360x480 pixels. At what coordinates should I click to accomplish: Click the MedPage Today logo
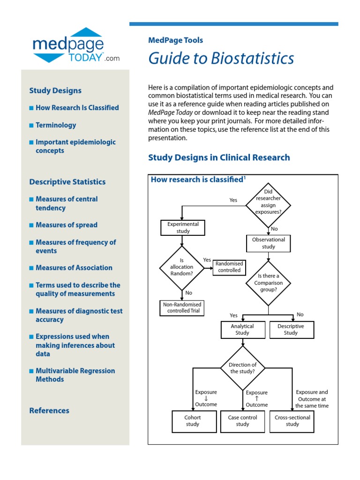pyautogui.click(x=75, y=45)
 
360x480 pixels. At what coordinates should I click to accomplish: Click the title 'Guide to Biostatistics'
pyautogui.click(x=221, y=59)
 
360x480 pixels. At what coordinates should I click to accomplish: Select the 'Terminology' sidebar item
pyautogui.click(x=55, y=125)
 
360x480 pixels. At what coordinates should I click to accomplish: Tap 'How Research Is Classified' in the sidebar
pyautogui.click(x=77, y=107)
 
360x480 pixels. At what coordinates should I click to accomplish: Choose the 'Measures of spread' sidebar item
pyautogui.click(x=66, y=225)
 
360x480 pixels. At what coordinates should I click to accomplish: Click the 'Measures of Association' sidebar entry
pyautogui.click(x=74, y=268)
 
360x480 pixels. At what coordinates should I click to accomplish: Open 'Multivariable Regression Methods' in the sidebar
pyautogui.click(x=75, y=375)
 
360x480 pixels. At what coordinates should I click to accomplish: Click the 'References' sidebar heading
pyautogui.click(x=49, y=411)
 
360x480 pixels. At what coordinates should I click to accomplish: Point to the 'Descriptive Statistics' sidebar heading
pyautogui.click(x=67, y=182)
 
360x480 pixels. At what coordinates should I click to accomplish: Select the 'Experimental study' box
pyautogui.click(x=183, y=228)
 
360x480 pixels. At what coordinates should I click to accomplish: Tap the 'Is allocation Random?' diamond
pyautogui.click(x=182, y=268)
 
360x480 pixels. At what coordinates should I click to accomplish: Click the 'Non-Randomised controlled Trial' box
pyautogui.click(x=182, y=307)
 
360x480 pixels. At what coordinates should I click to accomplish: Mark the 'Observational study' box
pyautogui.click(x=269, y=243)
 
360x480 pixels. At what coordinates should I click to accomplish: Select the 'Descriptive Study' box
pyautogui.click(x=292, y=330)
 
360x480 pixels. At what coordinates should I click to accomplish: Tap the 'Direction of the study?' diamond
pyautogui.click(x=243, y=368)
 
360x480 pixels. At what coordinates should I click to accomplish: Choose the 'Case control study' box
pyautogui.click(x=242, y=421)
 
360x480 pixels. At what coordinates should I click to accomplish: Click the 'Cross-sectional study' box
pyautogui.click(x=292, y=421)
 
